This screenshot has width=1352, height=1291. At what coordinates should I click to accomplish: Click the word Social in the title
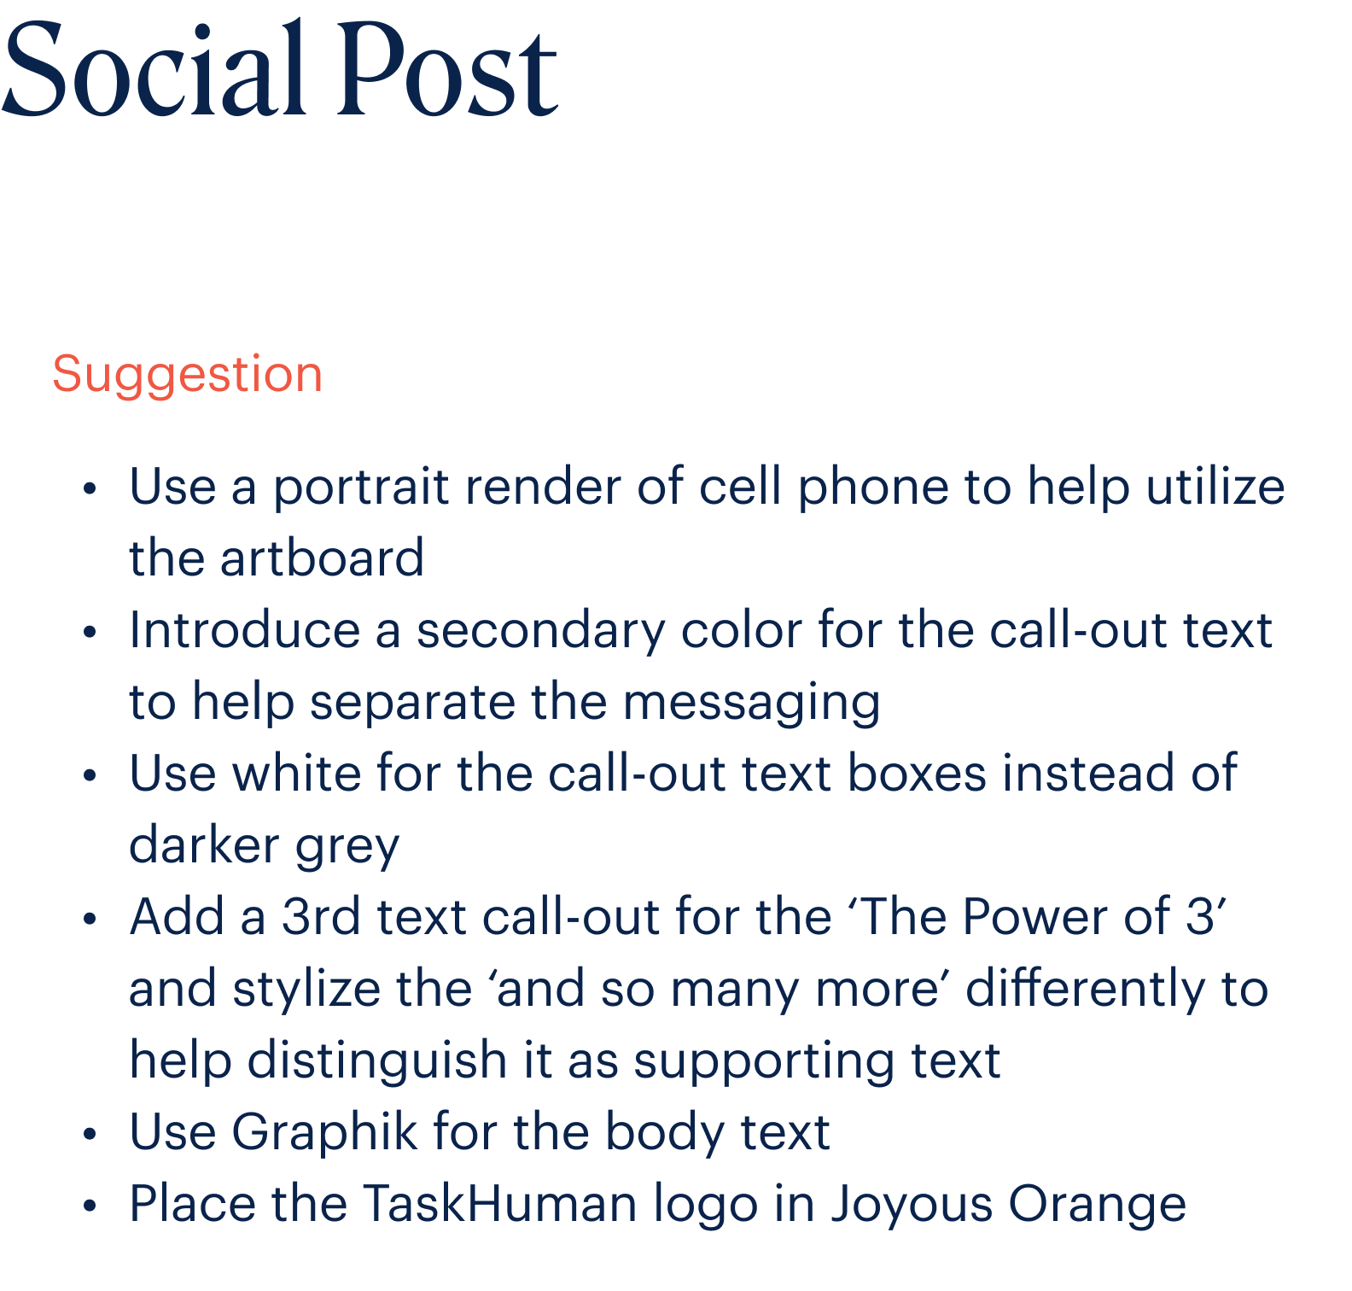154,68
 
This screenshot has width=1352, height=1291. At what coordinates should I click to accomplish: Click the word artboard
322,558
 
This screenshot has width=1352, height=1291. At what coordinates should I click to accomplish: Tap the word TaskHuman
500,1204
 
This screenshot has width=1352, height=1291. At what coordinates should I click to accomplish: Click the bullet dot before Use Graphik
90,1135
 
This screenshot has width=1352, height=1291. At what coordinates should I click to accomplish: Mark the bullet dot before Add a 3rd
90,920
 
